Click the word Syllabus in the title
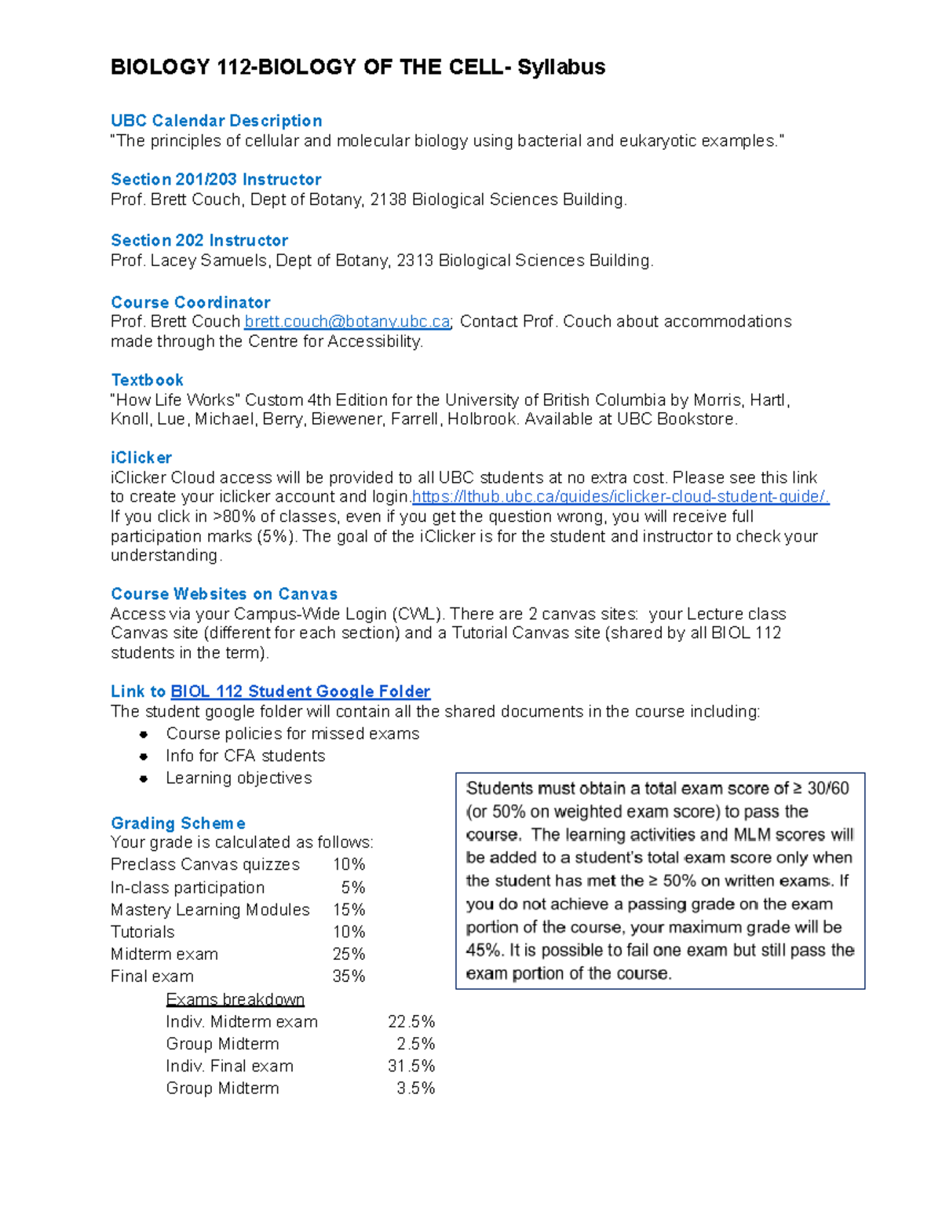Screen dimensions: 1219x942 [560, 68]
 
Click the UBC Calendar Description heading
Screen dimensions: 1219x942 [216, 121]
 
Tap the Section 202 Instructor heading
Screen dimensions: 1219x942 [199, 240]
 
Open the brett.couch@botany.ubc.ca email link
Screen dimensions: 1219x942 [347, 322]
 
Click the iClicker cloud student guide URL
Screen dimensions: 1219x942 [620, 497]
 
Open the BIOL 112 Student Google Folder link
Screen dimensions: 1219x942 [300, 692]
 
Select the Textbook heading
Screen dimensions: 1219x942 [147, 380]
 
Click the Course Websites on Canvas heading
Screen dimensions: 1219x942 [224, 594]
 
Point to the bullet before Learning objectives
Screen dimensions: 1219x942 [144, 779]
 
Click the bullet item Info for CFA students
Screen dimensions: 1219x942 [245, 756]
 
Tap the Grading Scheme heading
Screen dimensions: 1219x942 [177, 823]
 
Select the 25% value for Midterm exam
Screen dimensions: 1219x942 [349, 954]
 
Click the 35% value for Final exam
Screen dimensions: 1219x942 [349, 976]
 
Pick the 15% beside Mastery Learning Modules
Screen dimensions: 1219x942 [349, 910]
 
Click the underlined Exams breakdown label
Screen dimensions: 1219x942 [235, 999]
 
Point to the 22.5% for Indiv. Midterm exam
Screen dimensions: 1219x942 [411, 1022]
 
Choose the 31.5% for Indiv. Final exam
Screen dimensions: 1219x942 [411, 1066]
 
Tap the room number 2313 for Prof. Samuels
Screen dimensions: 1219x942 [414, 261]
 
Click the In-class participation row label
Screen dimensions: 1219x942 [188, 888]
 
